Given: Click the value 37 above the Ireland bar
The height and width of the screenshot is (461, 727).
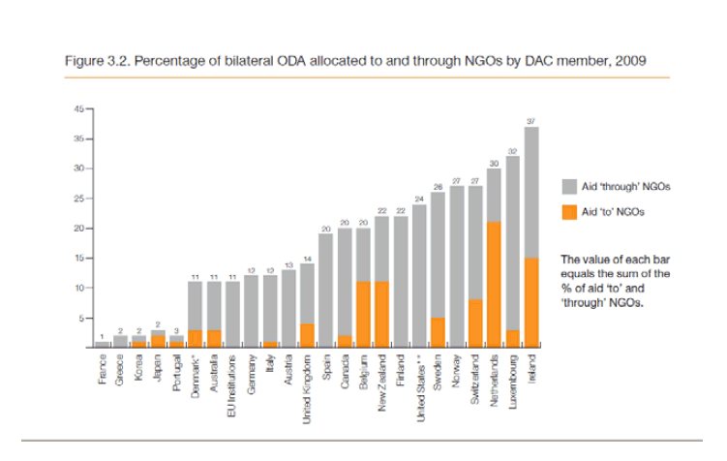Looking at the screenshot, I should coord(530,119).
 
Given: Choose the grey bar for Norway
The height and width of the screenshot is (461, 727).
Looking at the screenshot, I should coord(456,266).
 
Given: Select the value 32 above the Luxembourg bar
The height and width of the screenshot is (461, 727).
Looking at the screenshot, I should coord(512,150).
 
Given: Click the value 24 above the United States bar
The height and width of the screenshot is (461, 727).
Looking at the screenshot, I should coord(419,198).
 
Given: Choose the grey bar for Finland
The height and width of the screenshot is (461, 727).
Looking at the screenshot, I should coord(400,281).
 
